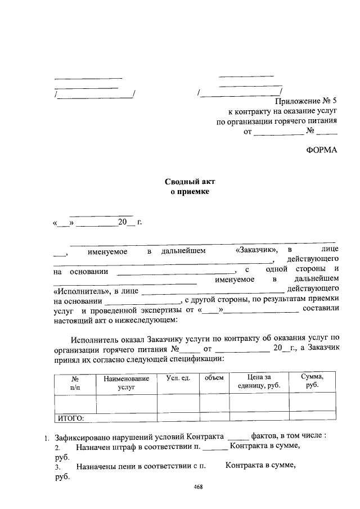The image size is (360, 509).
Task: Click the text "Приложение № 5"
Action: (306, 101)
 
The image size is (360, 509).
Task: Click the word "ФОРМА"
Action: (322, 150)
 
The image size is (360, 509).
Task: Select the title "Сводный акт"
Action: (190, 182)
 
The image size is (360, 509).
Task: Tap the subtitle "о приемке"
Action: (190, 192)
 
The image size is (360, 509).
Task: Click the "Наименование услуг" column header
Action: (126, 383)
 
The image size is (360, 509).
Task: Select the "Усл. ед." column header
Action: (178, 378)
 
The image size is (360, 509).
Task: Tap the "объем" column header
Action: (214, 378)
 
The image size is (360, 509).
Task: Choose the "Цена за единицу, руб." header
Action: (259, 382)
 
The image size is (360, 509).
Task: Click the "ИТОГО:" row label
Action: (71, 418)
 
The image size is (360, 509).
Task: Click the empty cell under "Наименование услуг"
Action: (126, 404)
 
